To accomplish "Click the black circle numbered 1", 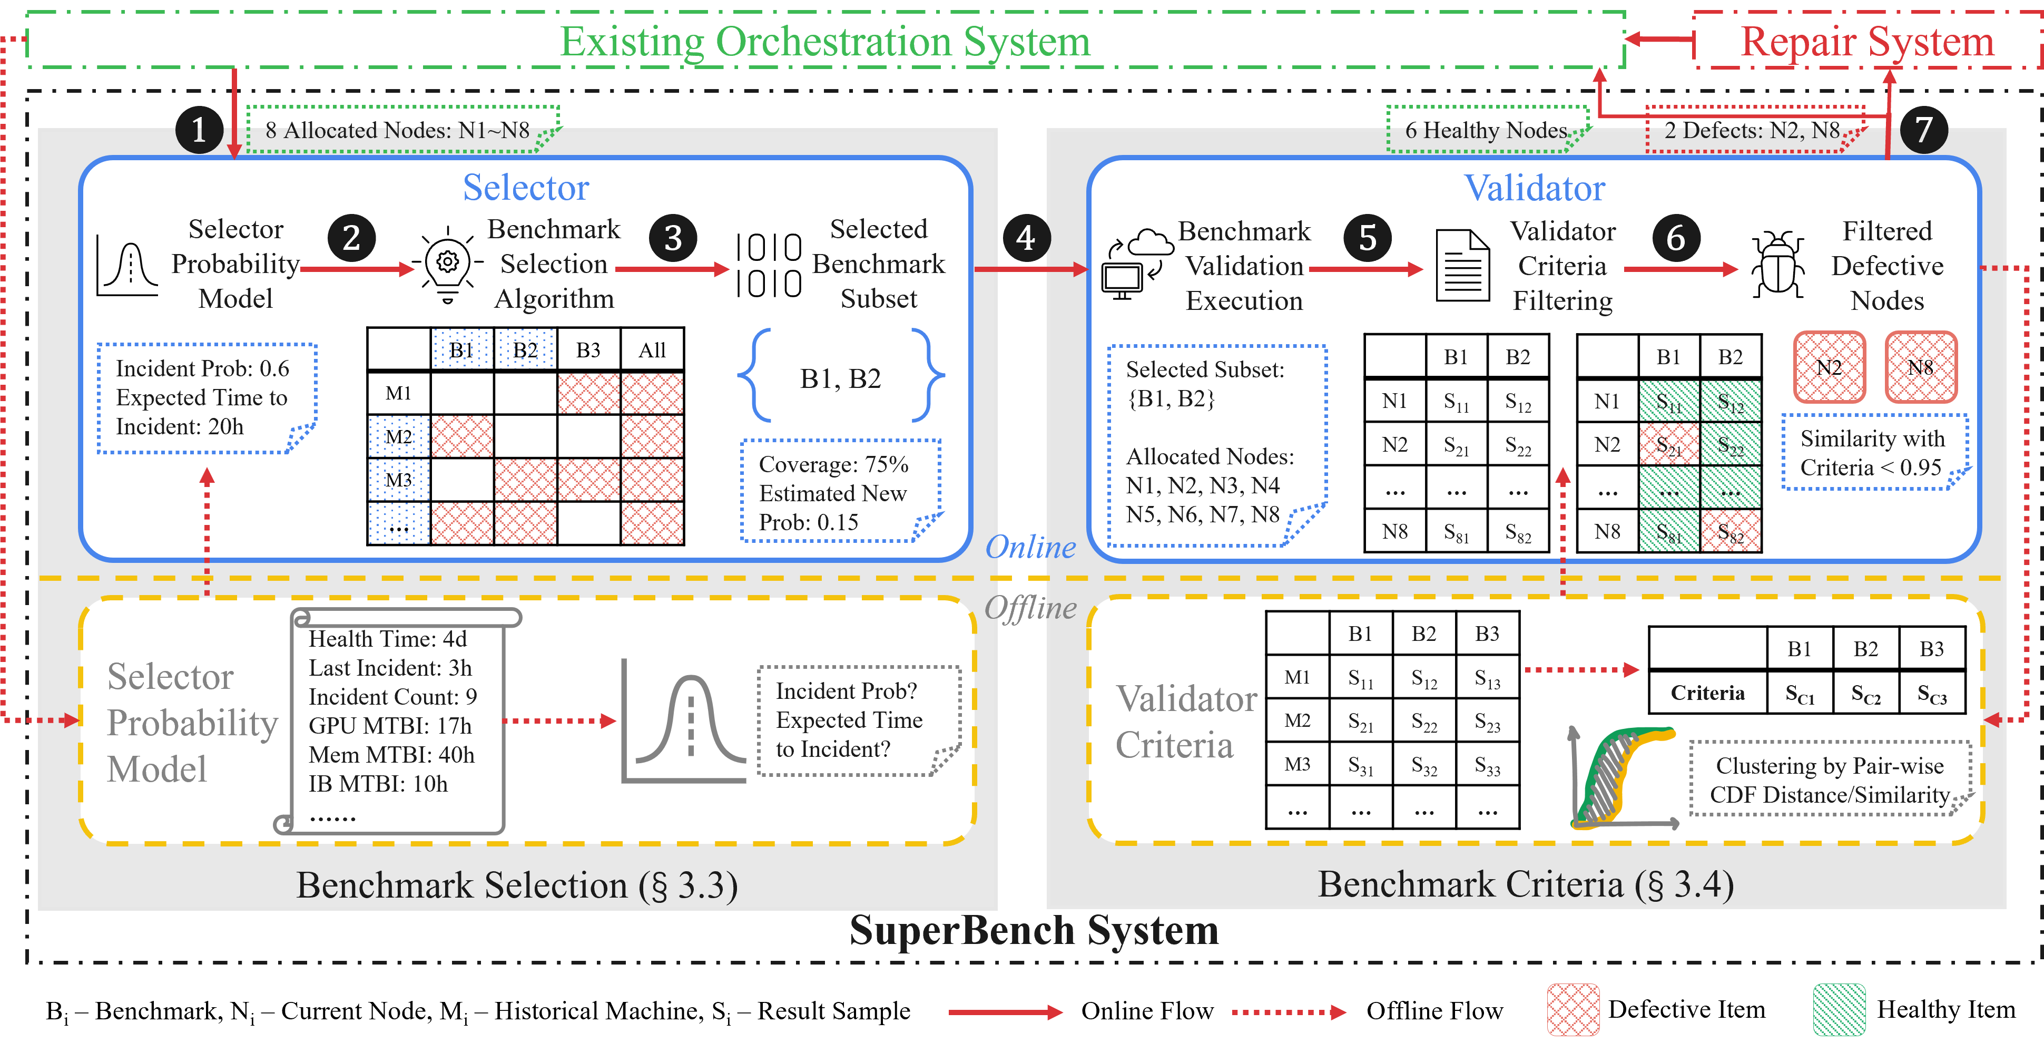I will [x=199, y=129].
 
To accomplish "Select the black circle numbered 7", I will [x=1923, y=129].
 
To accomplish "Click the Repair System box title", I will [x=1866, y=41].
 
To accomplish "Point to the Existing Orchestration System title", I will [x=825, y=41].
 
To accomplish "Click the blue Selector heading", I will [x=525, y=188].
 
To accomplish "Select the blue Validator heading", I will [x=1534, y=188].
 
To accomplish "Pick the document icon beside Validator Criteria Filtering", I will [x=1461, y=266].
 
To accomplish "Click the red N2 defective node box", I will [x=1829, y=367].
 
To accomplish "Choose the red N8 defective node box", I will [x=1920, y=367].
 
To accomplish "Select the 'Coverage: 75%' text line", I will [x=833, y=464].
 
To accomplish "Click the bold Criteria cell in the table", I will [x=1707, y=693].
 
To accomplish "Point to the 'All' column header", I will [x=652, y=350].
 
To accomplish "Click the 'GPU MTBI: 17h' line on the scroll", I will [x=390, y=725].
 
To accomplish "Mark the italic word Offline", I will [x=1030, y=608].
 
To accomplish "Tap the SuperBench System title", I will [x=1033, y=930].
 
